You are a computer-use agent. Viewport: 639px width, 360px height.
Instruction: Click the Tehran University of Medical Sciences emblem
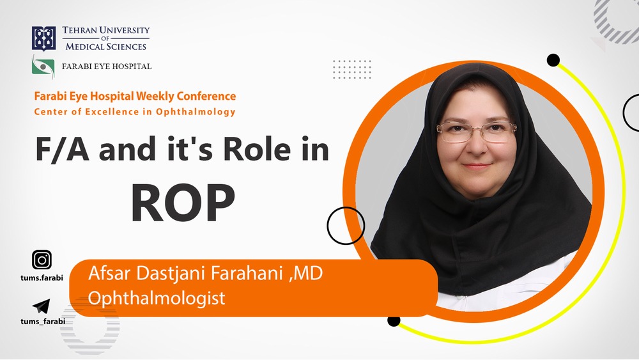(x=43, y=39)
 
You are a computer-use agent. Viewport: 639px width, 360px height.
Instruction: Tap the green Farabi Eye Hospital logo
(x=43, y=67)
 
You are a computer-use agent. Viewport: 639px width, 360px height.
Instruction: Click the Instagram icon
(x=42, y=260)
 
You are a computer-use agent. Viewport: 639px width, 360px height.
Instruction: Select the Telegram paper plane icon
(x=41, y=306)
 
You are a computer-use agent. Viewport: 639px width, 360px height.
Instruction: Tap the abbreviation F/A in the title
(x=62, y=149)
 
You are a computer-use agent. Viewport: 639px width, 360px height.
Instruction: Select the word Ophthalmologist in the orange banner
(x=157, y=297)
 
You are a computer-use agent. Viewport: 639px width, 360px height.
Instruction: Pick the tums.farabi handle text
(x=42, y=278)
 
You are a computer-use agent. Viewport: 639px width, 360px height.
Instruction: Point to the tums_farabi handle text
(x=43, y=321)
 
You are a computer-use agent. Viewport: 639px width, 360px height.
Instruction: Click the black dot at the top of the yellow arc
(x=553, y=60)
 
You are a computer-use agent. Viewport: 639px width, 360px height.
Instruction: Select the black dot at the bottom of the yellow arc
(x=393, y=320)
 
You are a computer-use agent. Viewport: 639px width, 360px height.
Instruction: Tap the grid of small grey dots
(x=352, y=69)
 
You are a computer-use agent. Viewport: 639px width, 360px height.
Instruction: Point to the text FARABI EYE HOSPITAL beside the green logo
(x=107, y=67)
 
